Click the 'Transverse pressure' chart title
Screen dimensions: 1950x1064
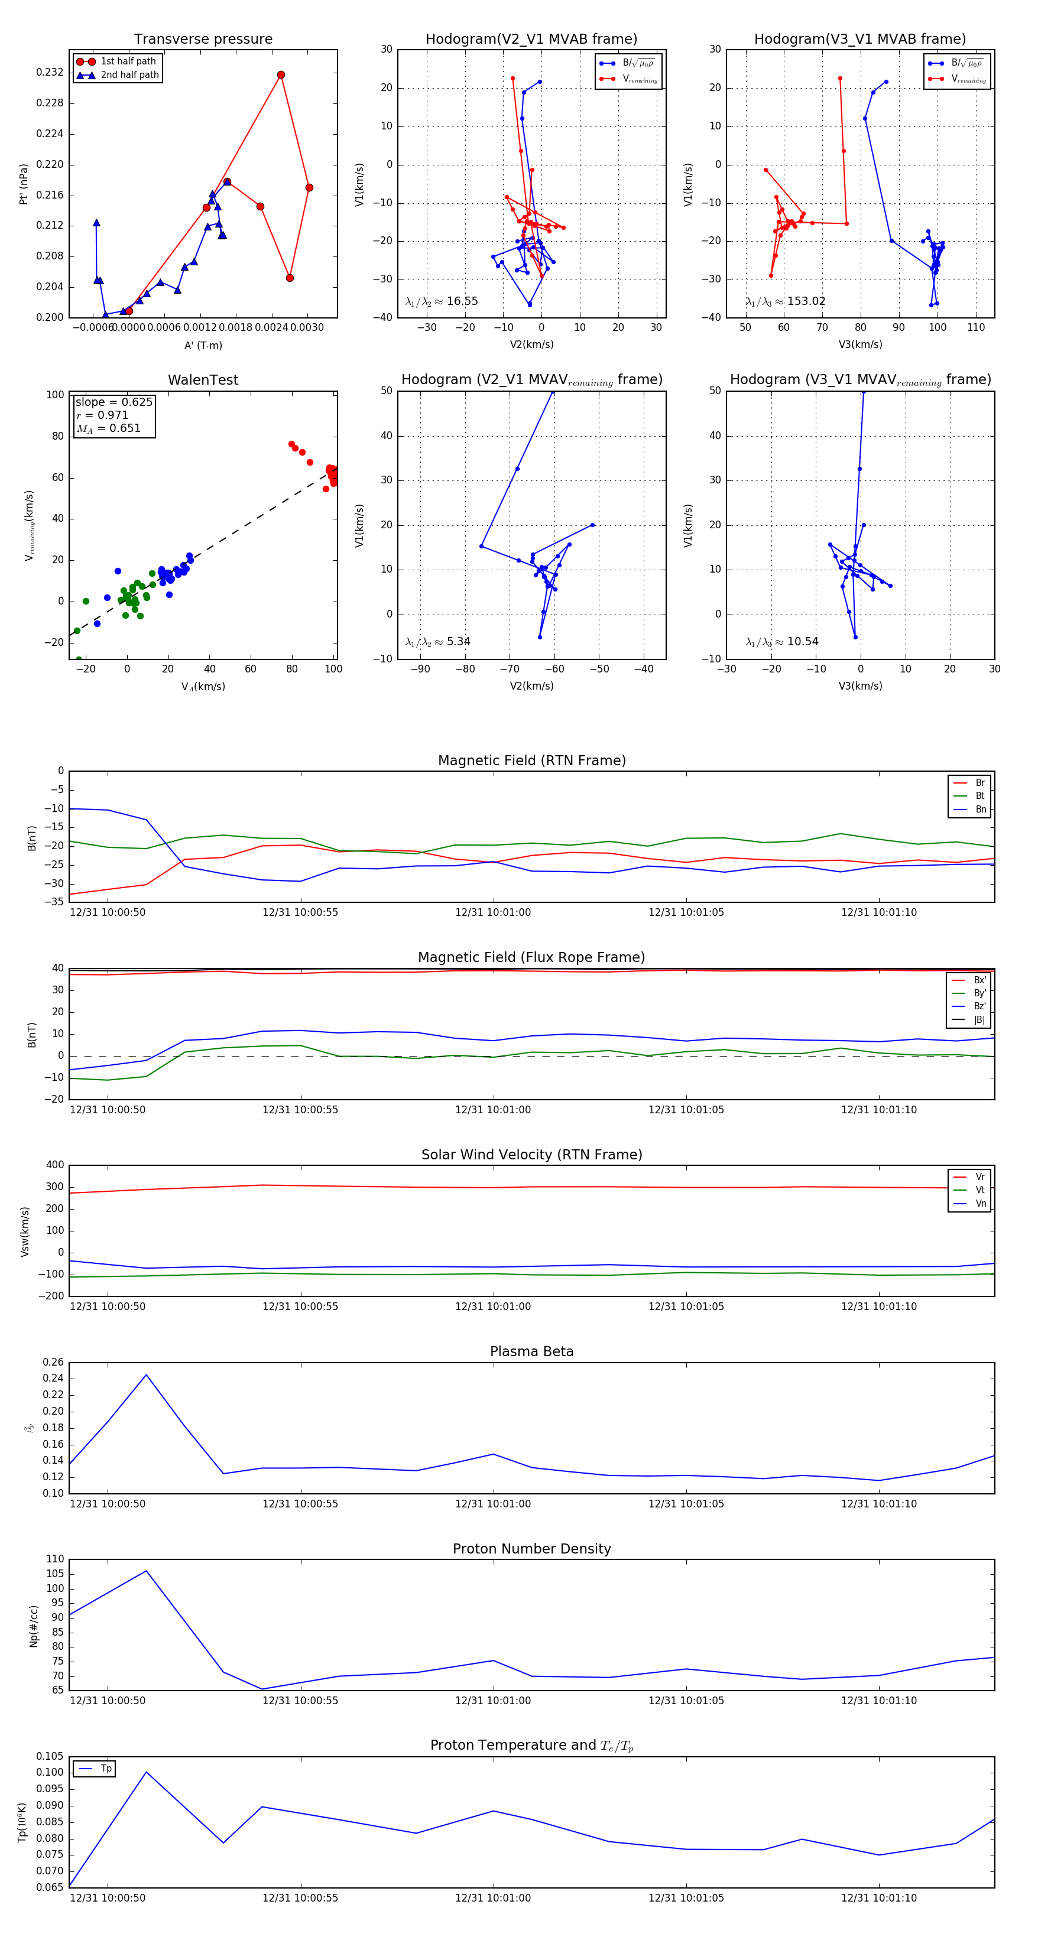pyautogui.click(x=203, y=40)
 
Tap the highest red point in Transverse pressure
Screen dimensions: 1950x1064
pyautogui.click(x=281, y=75)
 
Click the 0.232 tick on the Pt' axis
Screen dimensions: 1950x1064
pyautogui.click(x=50, y=73)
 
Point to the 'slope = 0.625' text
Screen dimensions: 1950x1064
pyautogui.click(x=113, y=402)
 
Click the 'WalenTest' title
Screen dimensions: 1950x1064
pyautogui.click(x=203, y=380)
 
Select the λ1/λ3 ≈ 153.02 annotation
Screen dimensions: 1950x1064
pyautogui.click(x=786, y=301)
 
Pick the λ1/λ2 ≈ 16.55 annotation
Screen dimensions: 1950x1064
pyautogui.click(x=442, y=301)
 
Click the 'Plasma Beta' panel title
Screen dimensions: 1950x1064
pyautogui.click(x=531, y=1351)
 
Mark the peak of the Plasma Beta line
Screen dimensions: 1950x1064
pyautogui.click(x=146, y=1374)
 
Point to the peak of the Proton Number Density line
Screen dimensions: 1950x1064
pyautogui.click(x=146, y=1571)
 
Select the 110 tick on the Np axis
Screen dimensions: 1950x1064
pyautogui.click(x=56, y=1559)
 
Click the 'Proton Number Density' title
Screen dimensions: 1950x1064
pyautogui.click(x=531, y=1549)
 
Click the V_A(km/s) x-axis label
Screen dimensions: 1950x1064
pyautogui.click(x=203, y=687)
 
